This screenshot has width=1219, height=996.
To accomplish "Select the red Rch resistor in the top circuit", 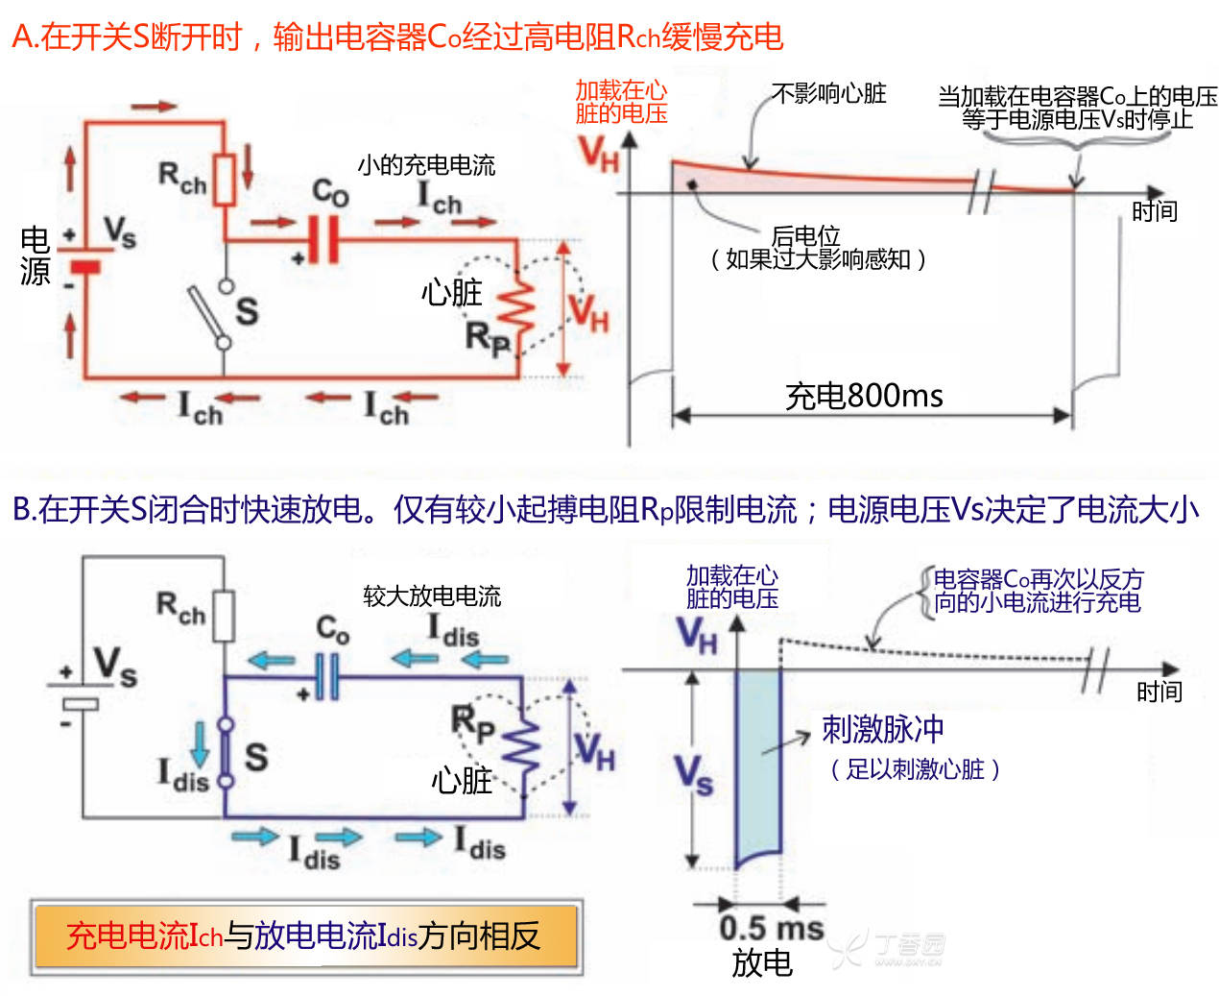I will pos(225,179).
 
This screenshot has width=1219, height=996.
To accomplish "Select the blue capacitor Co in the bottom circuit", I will pos(327,677).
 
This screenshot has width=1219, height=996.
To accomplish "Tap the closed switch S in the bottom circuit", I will pos(226,754).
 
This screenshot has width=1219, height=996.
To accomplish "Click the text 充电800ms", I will pos(864,396).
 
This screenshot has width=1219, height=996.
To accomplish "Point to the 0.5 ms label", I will pos(771,929).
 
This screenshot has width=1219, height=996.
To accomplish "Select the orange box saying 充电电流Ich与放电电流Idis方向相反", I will pos(305,935).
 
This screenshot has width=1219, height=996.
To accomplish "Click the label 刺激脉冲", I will pos(882,729).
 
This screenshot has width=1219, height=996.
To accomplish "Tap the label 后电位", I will pos(805,235).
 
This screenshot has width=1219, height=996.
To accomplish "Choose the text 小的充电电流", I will pos(426,165).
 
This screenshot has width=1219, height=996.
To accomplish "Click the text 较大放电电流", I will pos(432,596).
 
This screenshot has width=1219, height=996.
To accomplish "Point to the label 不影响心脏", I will pos(828,93).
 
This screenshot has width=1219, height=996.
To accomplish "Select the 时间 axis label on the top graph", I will pos(1154,211).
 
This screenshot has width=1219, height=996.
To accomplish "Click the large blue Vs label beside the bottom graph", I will pos(693,773).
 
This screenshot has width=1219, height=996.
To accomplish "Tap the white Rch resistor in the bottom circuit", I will pos(224,616).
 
